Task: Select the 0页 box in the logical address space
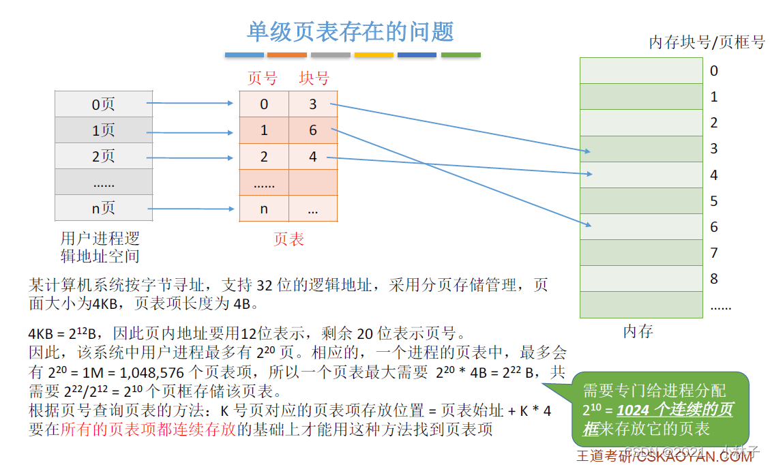point(103,104)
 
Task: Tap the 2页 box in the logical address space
point(103,156)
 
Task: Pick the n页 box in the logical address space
point(103,209)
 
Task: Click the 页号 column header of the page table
point(262,78)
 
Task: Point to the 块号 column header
point(314,78)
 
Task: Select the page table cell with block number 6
point(313,130)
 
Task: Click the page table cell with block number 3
point(313,104)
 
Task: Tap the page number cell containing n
point(264,209)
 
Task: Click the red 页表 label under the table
point(288,239)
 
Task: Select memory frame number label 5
point(714,200)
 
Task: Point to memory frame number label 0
point(714,70)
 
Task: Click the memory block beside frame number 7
point(640,252)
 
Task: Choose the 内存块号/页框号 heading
point(707,42)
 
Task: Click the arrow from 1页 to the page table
point(191,130)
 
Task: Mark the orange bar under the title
point(286,55)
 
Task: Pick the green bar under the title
point(460,55)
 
